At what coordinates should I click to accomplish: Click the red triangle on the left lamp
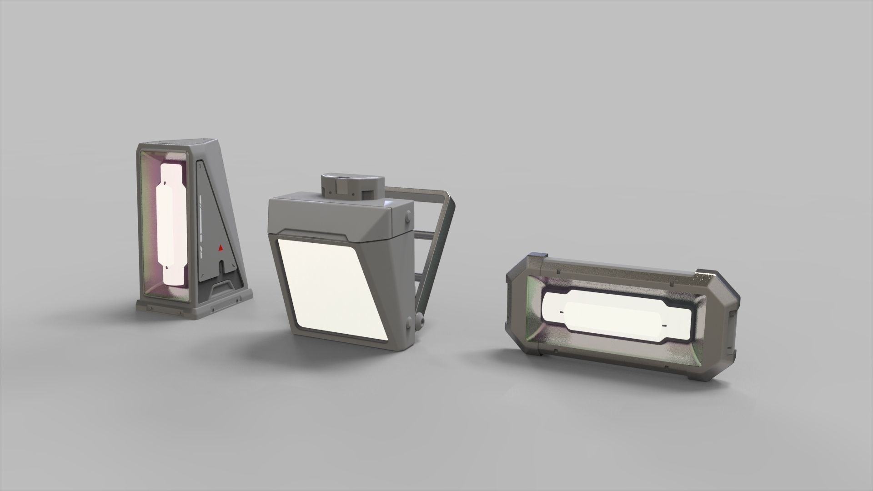(220, 248)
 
